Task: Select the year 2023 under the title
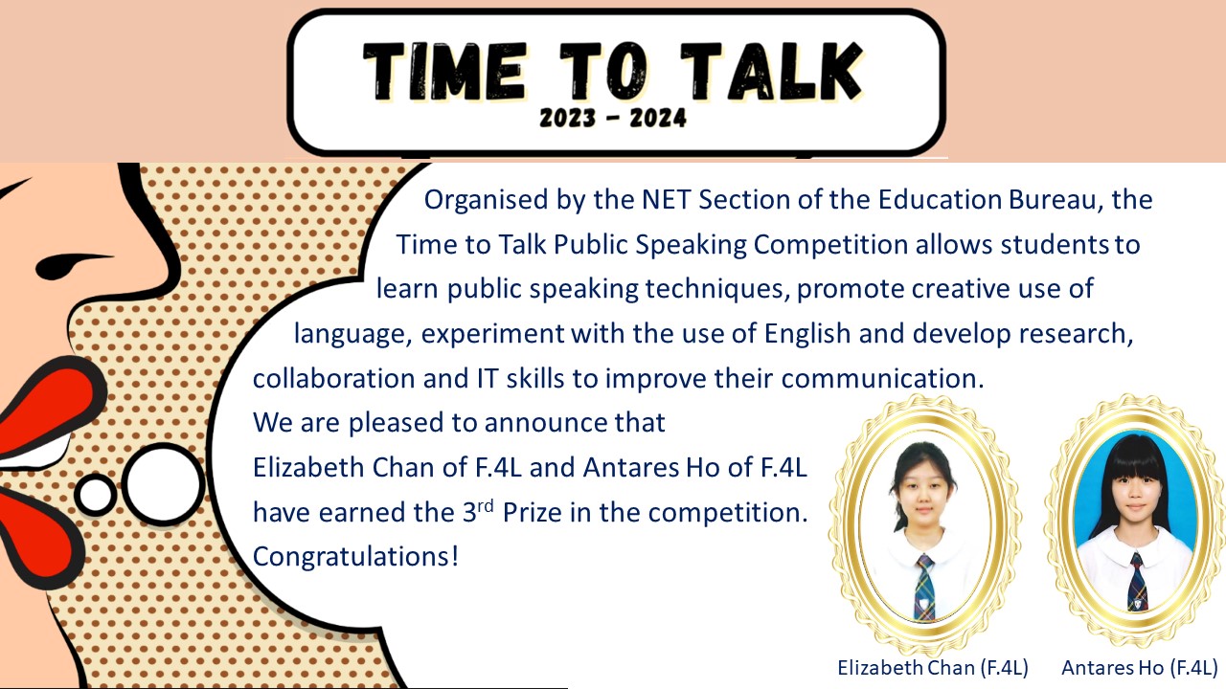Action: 567,118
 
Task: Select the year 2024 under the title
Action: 658,118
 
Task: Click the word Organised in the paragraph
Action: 486,201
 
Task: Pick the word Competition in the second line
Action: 830,245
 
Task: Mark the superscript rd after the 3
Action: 485,506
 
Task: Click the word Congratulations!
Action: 355,557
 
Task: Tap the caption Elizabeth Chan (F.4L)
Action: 933,668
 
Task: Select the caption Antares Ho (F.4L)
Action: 1140,668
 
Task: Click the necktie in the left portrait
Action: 924,588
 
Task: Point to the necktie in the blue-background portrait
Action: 1137,582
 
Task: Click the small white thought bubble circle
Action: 96,495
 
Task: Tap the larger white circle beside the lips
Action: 163,485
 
